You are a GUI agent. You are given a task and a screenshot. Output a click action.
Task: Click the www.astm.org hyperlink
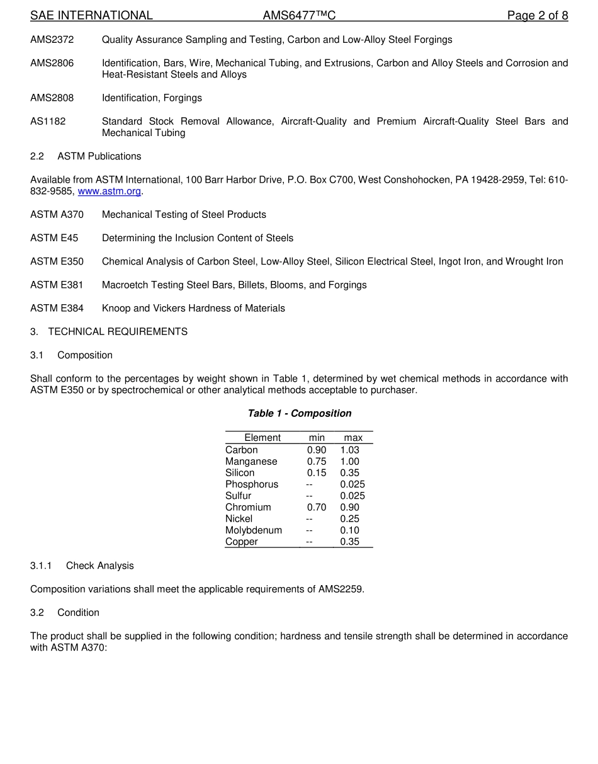click(109, 191)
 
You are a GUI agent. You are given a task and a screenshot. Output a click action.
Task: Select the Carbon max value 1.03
click(349, 450)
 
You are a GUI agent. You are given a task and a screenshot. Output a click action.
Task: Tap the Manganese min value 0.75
click(317, 462)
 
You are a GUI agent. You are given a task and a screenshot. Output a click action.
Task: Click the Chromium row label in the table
click(248, 508)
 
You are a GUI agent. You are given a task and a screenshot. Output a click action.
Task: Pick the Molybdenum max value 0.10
click(349, 530)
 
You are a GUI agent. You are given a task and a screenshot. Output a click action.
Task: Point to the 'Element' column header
click(262, 438)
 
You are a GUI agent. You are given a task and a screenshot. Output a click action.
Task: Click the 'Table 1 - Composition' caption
click(300, 414)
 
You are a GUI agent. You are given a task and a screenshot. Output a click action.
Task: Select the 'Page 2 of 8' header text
click(538, 16)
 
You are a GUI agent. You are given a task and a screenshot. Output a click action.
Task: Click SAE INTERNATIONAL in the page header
click(91, 16)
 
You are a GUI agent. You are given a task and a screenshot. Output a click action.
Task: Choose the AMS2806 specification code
click(52, 63)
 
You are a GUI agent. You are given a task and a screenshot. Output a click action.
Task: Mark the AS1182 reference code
click(48, 122)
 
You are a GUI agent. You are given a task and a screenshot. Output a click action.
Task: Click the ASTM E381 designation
click(57, 285)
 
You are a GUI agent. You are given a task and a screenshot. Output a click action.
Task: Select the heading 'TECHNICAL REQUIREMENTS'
click(118, 332)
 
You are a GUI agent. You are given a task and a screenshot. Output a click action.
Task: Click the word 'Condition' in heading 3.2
click(78, 613)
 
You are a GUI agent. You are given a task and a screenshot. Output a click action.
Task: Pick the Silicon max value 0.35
click(349, 473)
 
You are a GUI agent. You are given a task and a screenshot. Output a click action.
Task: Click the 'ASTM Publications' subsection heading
click(99, 156)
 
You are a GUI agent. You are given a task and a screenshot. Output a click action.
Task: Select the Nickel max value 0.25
click(349, 519)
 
